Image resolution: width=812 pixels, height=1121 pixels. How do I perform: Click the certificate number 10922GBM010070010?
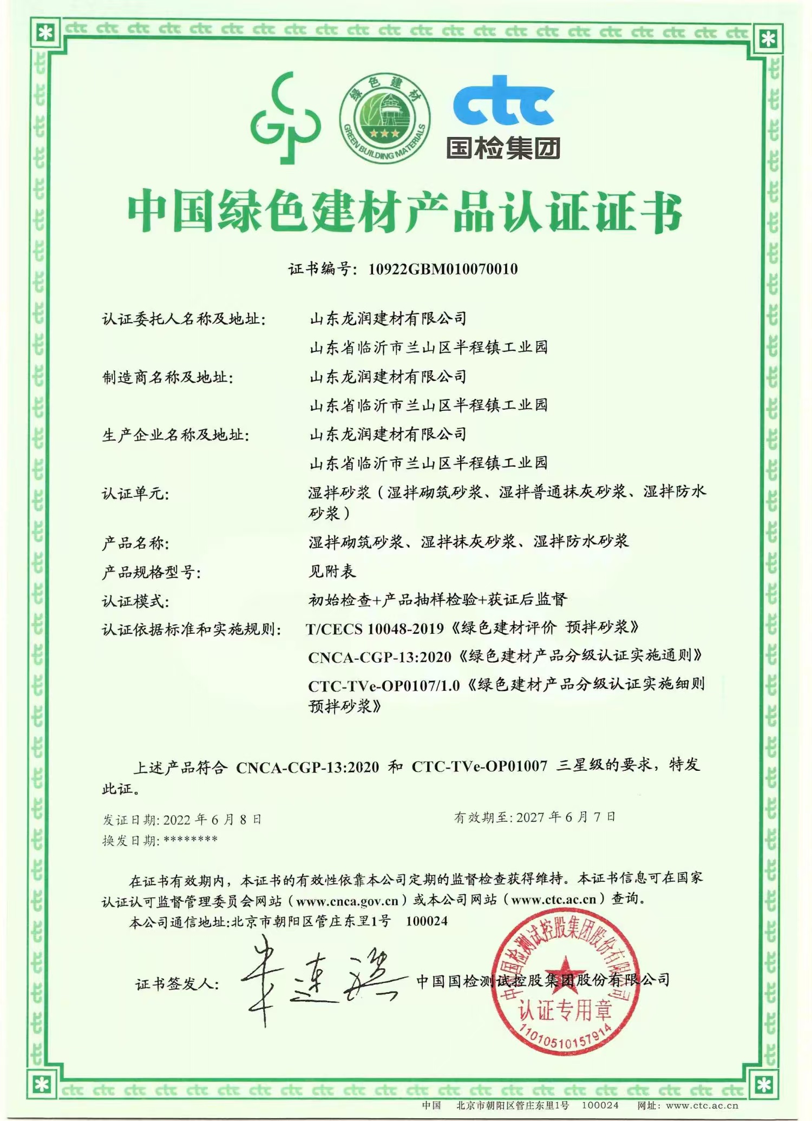pos(443,269)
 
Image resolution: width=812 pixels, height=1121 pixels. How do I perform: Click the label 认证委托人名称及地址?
pos(184,319)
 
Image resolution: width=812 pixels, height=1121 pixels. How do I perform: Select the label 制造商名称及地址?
pos(168,377)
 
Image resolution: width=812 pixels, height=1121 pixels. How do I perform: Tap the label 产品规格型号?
pos(152,572)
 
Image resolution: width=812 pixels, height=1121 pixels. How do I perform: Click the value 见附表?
pos(332,571)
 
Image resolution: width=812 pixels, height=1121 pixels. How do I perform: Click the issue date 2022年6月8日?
pos(212,820)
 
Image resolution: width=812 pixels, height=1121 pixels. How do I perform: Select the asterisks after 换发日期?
pos(190,840)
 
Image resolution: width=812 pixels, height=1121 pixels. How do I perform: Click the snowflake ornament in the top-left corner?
pos(45,34)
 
